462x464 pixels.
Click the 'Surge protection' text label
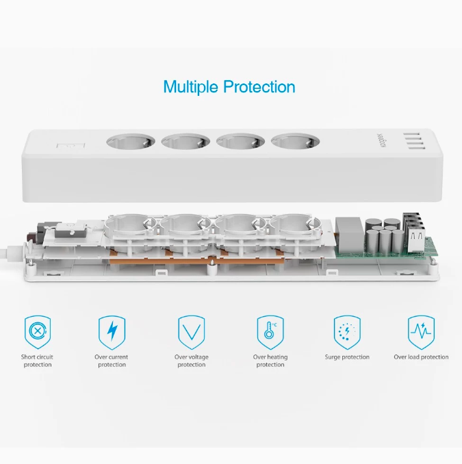pyautogui.click(x=347, y=357)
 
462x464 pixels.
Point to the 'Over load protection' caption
pyautogui.click(x=421, y=357)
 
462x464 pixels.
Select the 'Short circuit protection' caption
pyautogui.click(x=37, y=361)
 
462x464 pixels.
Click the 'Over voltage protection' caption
pyautogui.click(x=191, y=361)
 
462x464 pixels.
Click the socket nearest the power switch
pyautogui.click(x=129, y=143)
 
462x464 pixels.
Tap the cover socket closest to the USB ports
pyautogui.click(x=294, y=143)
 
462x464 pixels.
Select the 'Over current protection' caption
pyautogui.click(x=112, y=361)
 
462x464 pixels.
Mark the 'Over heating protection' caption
pyautogui.click(x=270, y=361)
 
